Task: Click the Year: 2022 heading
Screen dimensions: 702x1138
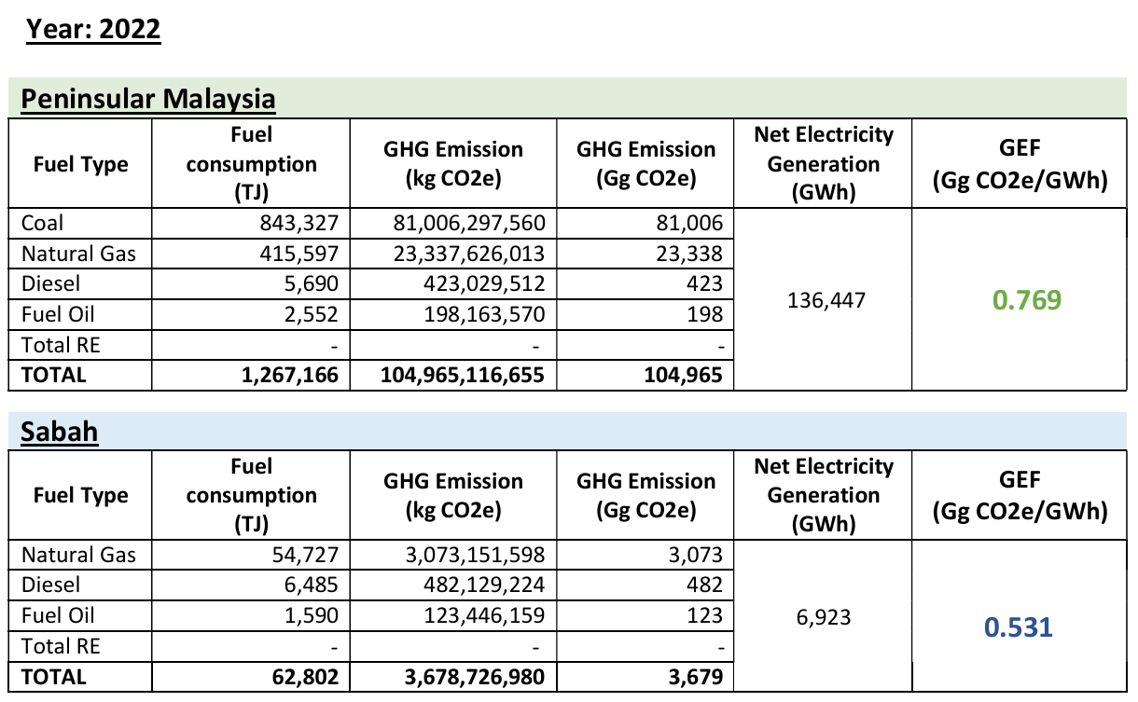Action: [93, 29]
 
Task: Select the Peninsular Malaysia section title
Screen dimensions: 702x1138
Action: [148, 99]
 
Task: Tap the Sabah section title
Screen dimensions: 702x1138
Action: [60, 432]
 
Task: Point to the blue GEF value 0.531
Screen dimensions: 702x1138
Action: [1020, 626]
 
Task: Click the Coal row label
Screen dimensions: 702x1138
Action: [44, 224]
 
